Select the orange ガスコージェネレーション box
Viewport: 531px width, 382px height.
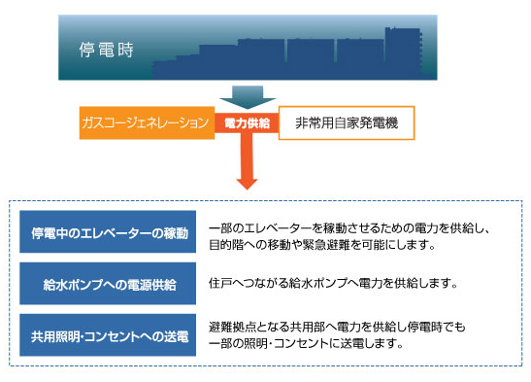[x=145, y=123]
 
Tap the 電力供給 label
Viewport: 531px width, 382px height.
[x=247, y=123]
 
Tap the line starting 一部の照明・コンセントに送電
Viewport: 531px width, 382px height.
[x=305, y=344]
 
